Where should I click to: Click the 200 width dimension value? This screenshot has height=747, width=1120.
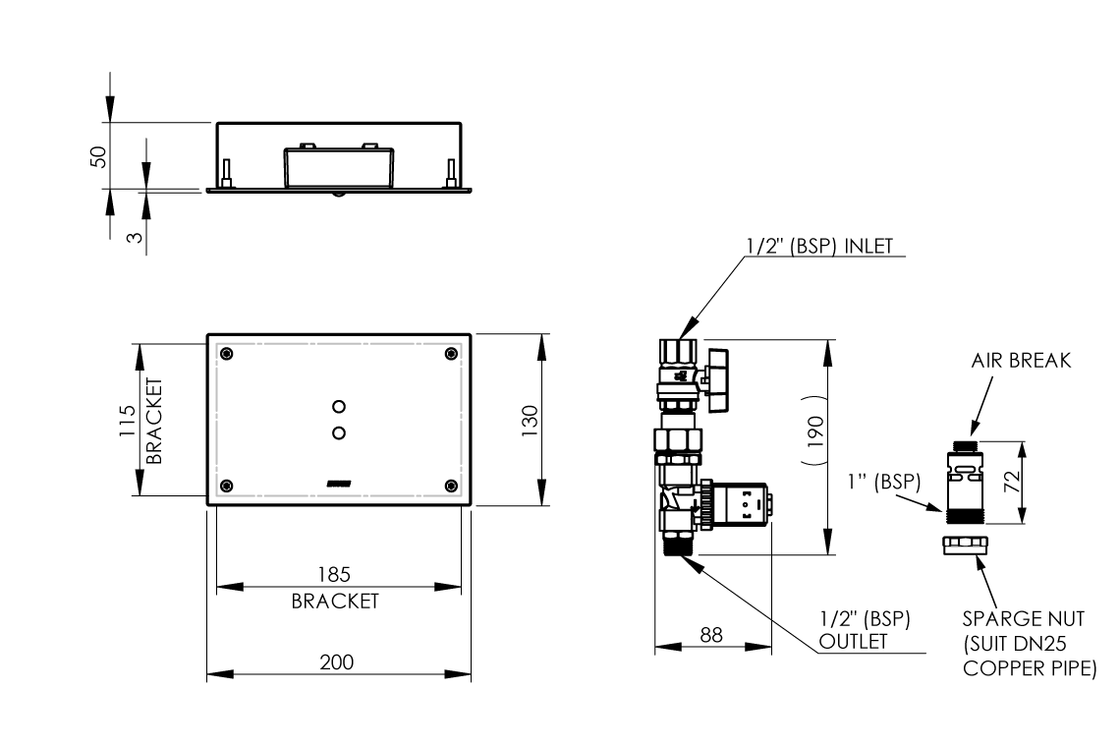pos(336,662)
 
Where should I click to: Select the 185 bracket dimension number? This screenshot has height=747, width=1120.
pos(334,575)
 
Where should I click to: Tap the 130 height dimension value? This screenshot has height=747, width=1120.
pos(530,421)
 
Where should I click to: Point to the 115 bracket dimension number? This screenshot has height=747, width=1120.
pos(127,421)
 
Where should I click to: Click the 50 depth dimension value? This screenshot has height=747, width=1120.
pos(98,156)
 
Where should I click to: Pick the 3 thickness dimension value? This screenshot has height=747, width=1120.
pos(135,237)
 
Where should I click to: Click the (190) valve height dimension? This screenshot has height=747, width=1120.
pos(815,431)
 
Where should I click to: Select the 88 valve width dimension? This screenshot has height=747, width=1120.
pos(711,635)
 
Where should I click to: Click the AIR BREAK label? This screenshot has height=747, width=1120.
pos(1021,361)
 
